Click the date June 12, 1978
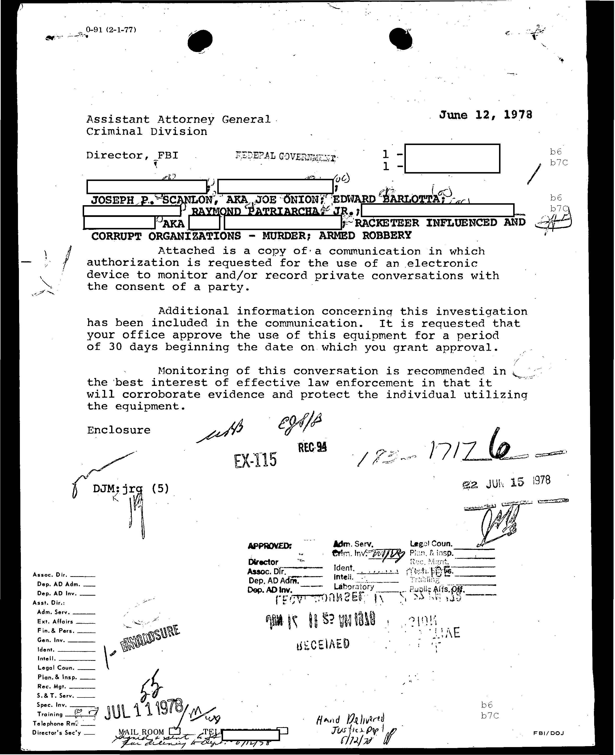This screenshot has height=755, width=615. [485, 115]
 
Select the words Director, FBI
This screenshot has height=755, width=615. [132, 155]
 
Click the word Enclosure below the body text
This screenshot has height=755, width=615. [119, 430]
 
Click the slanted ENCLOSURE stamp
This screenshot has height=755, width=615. [150, 639]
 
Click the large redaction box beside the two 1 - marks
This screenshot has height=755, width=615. [452, 158]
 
